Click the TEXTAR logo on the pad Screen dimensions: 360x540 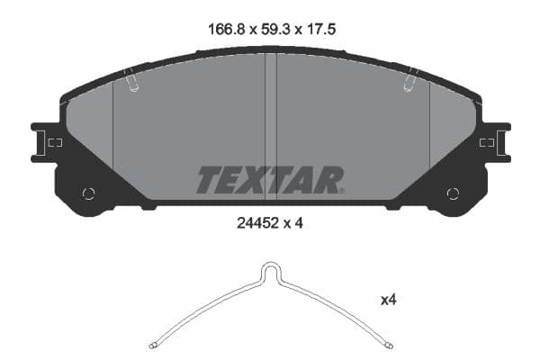270,180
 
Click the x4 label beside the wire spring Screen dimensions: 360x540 388,301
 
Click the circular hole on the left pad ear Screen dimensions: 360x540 88,193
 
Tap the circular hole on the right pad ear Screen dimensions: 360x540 453,193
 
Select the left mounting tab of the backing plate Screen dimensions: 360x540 46,142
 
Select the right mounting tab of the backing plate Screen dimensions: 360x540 495,142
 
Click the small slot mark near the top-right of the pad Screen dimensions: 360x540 409,81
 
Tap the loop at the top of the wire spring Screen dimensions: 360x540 271,269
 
